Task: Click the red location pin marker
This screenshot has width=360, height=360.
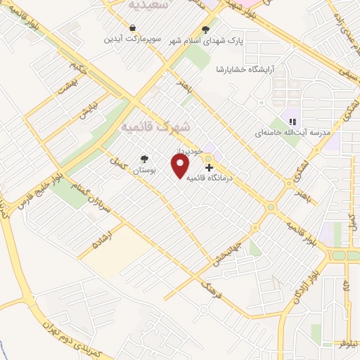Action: [181, 167]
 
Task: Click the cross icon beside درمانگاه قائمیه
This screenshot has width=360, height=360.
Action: [209, 167]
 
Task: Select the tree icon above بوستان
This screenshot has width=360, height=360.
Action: [145, 159]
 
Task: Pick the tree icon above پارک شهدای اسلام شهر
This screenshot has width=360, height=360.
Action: [205, 30]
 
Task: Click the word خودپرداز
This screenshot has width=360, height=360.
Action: [209, 151]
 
